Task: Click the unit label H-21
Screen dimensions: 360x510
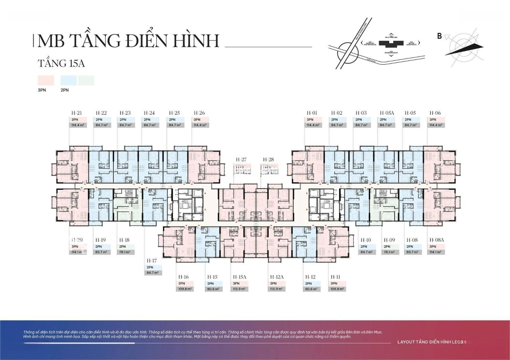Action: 76,113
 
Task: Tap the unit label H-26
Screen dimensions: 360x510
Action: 199,113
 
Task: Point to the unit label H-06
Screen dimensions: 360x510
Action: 435,113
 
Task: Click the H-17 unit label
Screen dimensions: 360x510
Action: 152,261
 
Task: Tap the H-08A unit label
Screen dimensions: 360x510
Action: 436,240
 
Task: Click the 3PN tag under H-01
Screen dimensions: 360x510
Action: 310,119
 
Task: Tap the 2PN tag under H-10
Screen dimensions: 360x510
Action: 364,246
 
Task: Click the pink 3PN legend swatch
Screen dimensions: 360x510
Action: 45,81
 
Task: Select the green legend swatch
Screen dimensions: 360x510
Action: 86,81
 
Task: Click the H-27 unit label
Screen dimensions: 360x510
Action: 241,160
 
